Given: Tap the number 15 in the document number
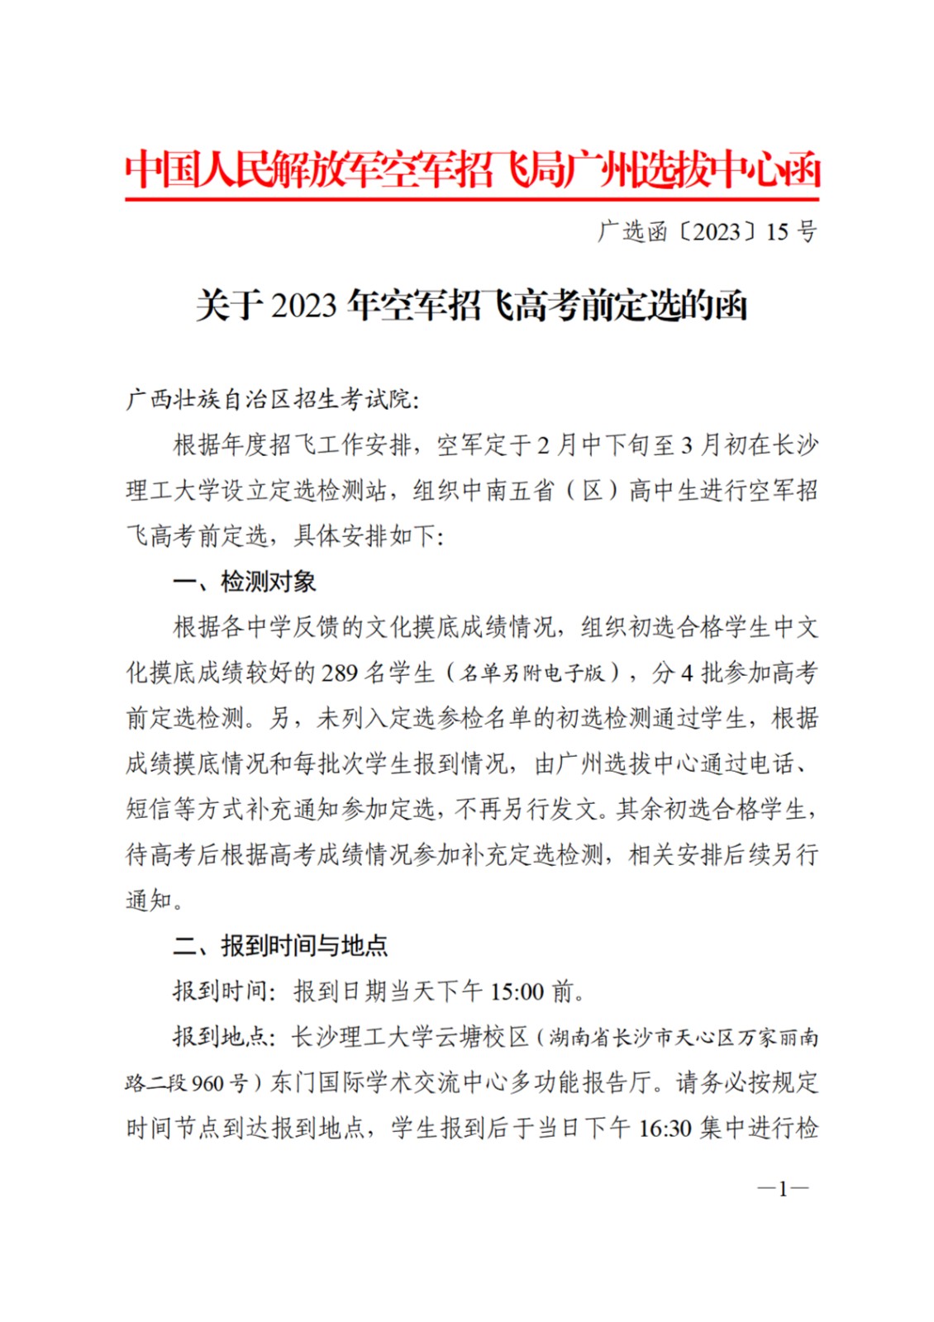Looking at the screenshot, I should (776, 232).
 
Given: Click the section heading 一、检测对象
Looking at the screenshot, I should (244, 582).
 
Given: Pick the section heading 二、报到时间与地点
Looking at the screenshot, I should (279, 945).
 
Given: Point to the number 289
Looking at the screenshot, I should (340, 673).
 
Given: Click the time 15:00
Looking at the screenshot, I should (517, 991).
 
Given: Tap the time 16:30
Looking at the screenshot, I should (665, 1128).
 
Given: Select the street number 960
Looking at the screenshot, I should (207, 1082).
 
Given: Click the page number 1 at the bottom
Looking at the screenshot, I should (783, 1189).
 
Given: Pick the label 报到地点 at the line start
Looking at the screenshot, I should (219, 1037).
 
